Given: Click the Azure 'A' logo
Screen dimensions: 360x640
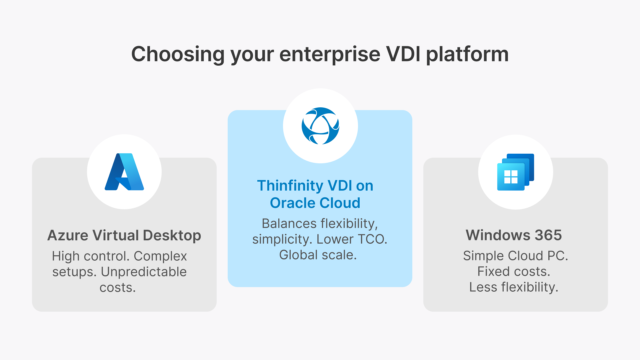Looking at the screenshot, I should pos(124,172).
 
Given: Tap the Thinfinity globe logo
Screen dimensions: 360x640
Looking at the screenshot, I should pos(320,126).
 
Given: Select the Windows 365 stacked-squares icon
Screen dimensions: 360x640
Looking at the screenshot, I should pos(515,172).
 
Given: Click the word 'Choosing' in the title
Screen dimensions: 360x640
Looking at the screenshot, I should pos(178,54).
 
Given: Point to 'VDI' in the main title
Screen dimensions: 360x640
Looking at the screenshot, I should pos(403,54).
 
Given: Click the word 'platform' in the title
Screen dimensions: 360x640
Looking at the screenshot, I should pos(467,54).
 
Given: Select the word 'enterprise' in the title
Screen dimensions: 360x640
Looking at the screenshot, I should pos(330,54).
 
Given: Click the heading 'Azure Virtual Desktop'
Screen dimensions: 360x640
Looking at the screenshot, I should pos(124,235).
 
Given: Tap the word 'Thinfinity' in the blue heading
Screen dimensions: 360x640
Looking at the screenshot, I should pos(290,186).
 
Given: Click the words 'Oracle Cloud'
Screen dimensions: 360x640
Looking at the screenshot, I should pos(315,203).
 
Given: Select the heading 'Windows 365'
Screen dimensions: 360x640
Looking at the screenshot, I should pos(514,235).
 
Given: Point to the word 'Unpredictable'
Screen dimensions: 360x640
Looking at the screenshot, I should pos(144,272).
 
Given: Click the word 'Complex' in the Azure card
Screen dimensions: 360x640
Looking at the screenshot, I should pos(160,256).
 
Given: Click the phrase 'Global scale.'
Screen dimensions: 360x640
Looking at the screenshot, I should pos(318,255).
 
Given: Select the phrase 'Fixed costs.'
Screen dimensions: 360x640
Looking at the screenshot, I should pos(514,272).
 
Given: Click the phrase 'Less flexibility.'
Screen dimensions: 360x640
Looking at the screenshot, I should pos(514,287).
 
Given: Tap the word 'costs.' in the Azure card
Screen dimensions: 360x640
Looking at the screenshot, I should pos(118,288).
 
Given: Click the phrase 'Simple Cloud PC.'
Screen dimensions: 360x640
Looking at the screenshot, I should pos(515,256).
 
